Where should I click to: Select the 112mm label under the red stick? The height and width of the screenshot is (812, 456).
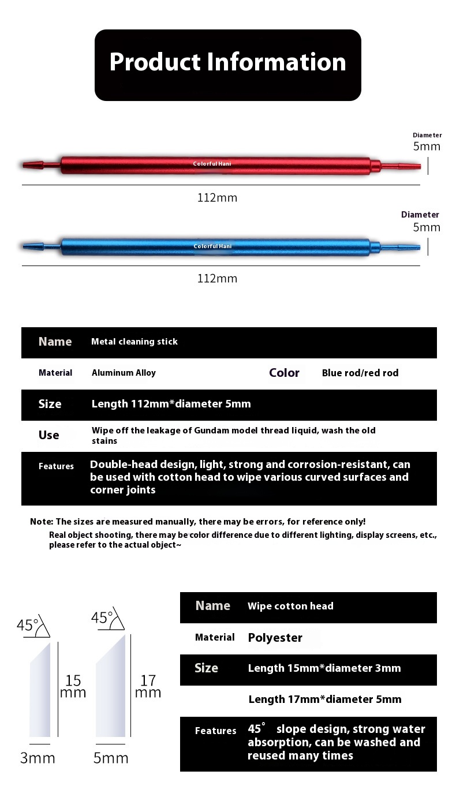(217, 198)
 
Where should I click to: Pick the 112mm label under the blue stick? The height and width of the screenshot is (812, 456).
(217, 279)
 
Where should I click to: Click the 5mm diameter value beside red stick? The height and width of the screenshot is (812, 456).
(427, 147)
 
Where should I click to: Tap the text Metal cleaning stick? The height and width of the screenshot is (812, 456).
(134, 342)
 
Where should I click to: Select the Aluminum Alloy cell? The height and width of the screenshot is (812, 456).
(124, 373)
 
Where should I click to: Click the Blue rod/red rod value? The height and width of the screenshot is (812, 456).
(360, 373)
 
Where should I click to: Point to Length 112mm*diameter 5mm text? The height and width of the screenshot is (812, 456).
(171, 404)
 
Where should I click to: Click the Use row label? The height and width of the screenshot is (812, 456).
(48, 435)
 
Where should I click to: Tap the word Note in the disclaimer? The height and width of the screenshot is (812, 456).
(41, 521)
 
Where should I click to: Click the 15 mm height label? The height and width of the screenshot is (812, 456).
(73, 686)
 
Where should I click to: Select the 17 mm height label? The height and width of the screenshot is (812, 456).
(148, 686)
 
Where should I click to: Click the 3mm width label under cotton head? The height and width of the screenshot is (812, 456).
(38, 758)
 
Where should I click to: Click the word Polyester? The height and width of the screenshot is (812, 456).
(275, 638)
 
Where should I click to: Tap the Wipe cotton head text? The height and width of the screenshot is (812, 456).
(290, 606)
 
